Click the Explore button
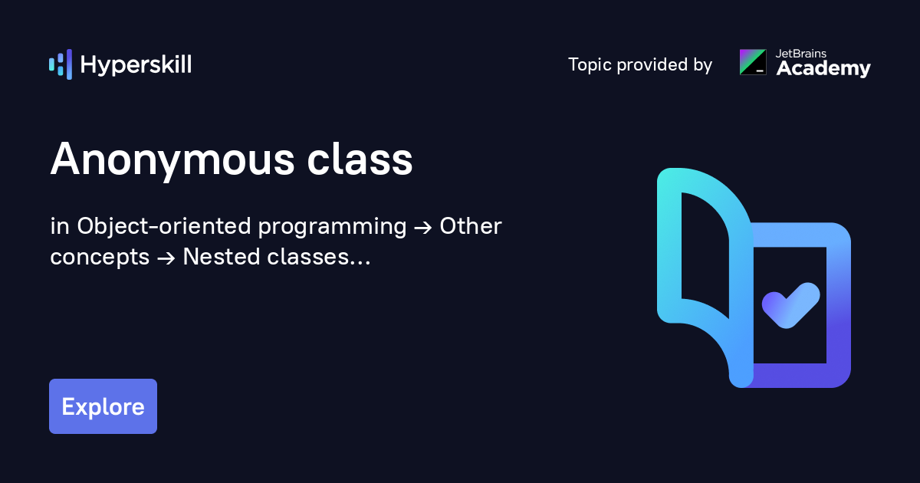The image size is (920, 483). tap(103, 406)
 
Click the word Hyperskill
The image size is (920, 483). tap(136, 65)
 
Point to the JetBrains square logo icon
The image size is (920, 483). tap(752, 62)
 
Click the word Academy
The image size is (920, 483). tap(823, 69)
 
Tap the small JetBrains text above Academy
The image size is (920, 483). tap(801, 54)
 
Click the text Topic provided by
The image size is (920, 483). tap(640, 65)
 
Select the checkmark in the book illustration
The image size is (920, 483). tap(790, 304)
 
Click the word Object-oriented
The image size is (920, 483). tap(164, 227)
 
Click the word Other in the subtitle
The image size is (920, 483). tap(471, 227)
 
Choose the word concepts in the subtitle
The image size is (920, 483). tap(100, 258)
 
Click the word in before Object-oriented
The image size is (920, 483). tap(59, 227)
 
